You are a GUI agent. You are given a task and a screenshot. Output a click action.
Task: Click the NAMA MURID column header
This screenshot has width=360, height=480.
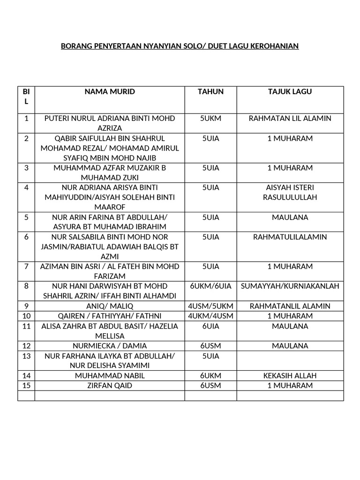109,92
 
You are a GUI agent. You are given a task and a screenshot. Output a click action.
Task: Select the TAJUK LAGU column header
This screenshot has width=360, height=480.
290,92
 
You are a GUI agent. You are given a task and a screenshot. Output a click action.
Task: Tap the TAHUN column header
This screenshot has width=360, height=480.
210,92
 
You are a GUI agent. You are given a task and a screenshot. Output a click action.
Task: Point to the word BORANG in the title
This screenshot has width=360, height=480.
77,46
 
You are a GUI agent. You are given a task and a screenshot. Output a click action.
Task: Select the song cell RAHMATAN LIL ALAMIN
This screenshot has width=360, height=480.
290,118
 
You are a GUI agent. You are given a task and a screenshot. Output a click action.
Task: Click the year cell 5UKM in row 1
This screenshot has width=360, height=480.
210,118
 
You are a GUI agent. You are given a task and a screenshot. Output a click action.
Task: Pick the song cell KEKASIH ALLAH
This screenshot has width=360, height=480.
290,375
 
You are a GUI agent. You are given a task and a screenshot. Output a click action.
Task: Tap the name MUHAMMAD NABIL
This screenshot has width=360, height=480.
109,375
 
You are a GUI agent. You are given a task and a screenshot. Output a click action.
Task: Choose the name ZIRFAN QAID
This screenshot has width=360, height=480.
109,385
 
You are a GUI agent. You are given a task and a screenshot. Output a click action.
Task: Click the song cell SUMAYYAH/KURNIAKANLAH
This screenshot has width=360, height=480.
290,286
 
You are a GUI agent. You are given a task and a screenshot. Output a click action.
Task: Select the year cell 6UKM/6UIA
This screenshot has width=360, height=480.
210,286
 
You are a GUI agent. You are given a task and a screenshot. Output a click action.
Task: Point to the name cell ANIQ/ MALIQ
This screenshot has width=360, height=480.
109,306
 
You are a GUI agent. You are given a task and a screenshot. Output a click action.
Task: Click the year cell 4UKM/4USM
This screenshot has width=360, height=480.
210,316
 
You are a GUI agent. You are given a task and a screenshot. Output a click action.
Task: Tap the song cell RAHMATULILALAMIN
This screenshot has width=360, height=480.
290,237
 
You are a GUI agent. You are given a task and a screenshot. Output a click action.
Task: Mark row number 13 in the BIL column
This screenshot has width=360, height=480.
26,356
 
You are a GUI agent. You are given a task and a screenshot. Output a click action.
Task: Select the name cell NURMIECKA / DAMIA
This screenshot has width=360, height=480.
109,346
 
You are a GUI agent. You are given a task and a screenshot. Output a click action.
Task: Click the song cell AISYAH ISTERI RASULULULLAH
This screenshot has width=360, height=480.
290,192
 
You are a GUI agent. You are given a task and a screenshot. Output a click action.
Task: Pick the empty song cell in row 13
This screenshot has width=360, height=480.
290,360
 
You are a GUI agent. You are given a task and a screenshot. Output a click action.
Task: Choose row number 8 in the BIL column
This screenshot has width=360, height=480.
26,286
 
